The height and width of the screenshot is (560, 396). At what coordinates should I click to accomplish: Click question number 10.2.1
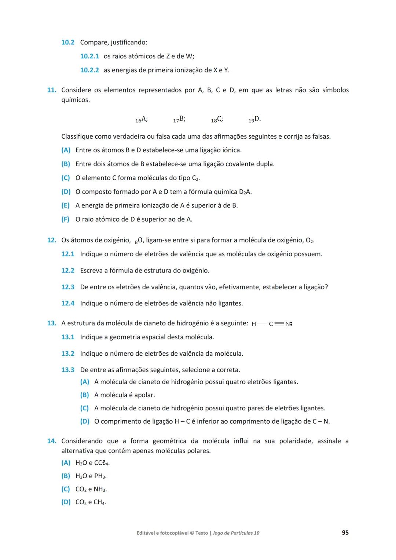[89, 56]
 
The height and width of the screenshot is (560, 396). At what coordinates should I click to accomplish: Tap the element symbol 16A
[142, 119]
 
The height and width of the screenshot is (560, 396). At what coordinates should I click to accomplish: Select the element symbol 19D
[254, 119]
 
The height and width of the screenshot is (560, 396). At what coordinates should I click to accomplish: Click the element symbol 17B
[179, 119]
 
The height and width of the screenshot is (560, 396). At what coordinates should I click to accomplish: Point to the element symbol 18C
[217, 119]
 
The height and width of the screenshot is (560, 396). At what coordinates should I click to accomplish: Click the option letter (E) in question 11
[66, 205]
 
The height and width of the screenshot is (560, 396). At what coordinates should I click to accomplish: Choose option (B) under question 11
[66, 164]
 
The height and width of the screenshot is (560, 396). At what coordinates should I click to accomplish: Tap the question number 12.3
[68, 287]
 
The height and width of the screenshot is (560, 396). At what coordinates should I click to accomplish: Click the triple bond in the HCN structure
[279, 324]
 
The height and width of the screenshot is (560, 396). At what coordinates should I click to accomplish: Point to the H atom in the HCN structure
[254, 324]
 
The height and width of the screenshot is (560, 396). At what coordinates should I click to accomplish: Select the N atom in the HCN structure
[288, 324]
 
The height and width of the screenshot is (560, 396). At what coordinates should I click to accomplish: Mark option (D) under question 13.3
[85, 421]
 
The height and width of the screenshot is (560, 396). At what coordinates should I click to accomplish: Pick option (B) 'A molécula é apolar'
[85, 395]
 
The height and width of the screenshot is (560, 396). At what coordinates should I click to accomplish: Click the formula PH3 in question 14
[100, 476]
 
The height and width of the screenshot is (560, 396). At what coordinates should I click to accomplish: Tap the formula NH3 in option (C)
[100, 489]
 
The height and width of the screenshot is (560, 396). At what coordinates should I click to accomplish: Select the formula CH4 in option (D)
[100, 502]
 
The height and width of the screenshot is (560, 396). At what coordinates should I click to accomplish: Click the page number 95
[345, 532]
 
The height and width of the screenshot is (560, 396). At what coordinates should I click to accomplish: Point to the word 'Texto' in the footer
[202, 533]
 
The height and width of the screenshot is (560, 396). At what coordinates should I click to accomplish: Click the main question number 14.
[51, 441]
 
